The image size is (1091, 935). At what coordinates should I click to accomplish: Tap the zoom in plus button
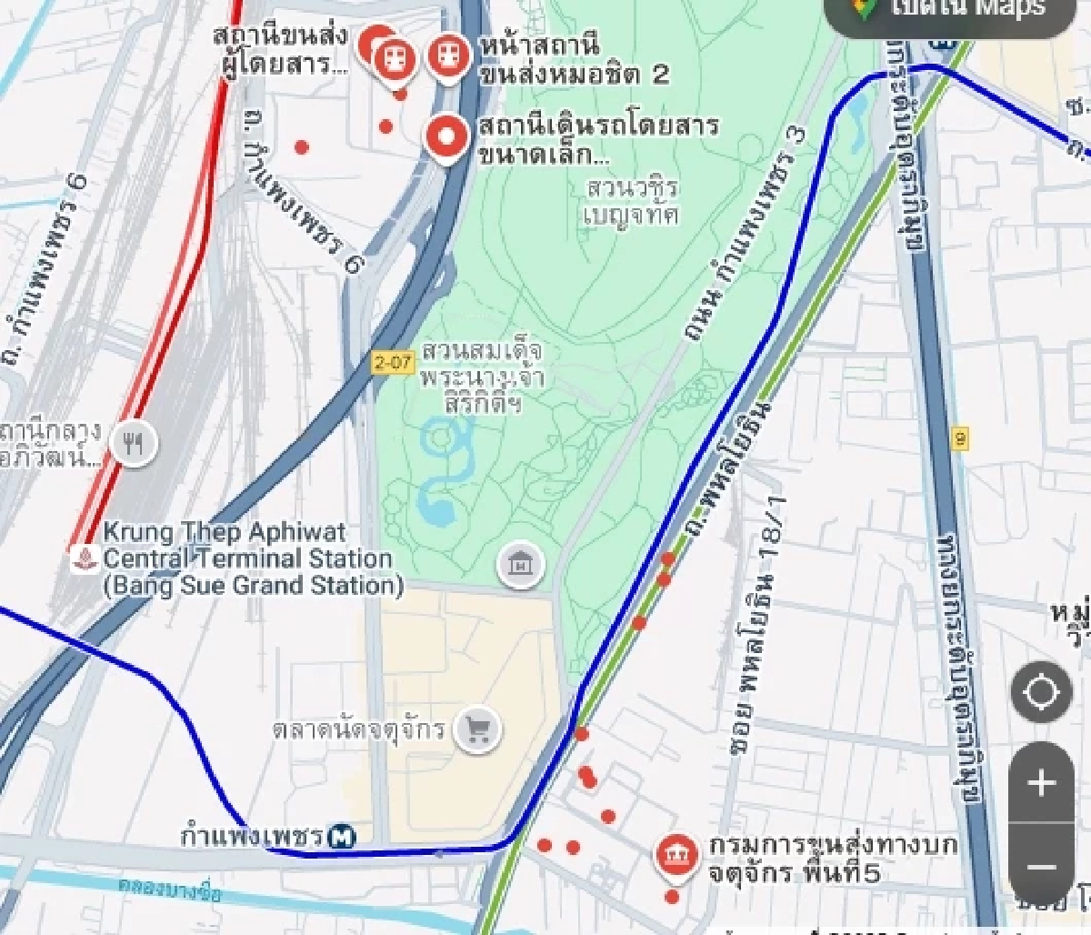[x=1042, y=783]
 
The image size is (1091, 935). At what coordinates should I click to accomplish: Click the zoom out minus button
[x=1042, y=867]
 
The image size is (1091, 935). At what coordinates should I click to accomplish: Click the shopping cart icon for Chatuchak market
[x=478, y=729]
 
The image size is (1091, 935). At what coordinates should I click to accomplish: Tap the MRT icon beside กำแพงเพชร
[x=343, y=834]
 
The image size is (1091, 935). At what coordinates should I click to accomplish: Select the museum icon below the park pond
[x=521, y=566]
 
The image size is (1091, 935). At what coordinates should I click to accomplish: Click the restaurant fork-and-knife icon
[x=135, y=443]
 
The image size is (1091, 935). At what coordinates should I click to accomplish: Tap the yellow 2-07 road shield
[x=393, y=362]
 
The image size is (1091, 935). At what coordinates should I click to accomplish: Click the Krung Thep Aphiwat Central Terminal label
[x=248, y=558]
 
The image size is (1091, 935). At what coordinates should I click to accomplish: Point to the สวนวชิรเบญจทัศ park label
[x=633, y=201]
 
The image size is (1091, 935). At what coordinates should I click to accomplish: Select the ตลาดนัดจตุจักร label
[x=359, y=729]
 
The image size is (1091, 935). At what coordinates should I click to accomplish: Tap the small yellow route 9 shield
[x=961, y=440]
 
